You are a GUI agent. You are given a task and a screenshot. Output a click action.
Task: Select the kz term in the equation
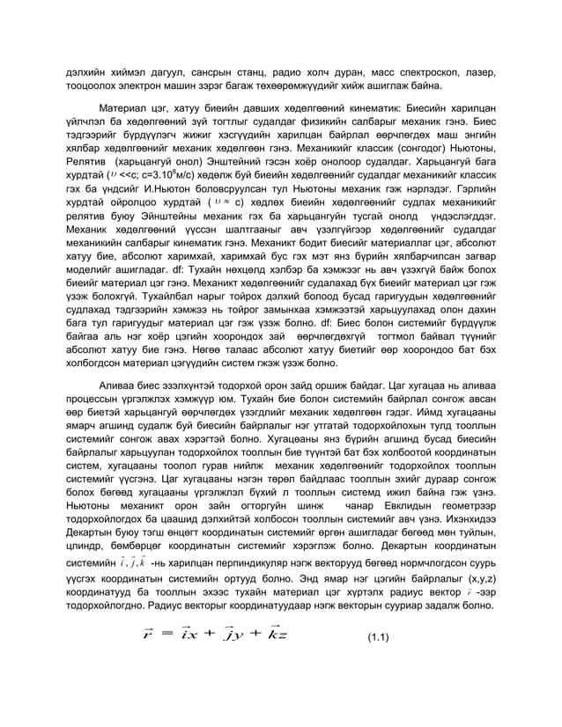point(277,635)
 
